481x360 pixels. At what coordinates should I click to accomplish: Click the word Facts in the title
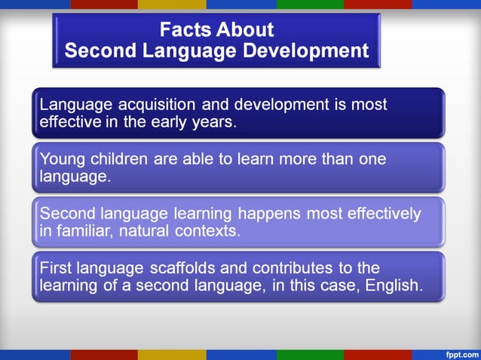click(185, 30)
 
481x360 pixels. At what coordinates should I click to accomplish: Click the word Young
click(60, 159)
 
